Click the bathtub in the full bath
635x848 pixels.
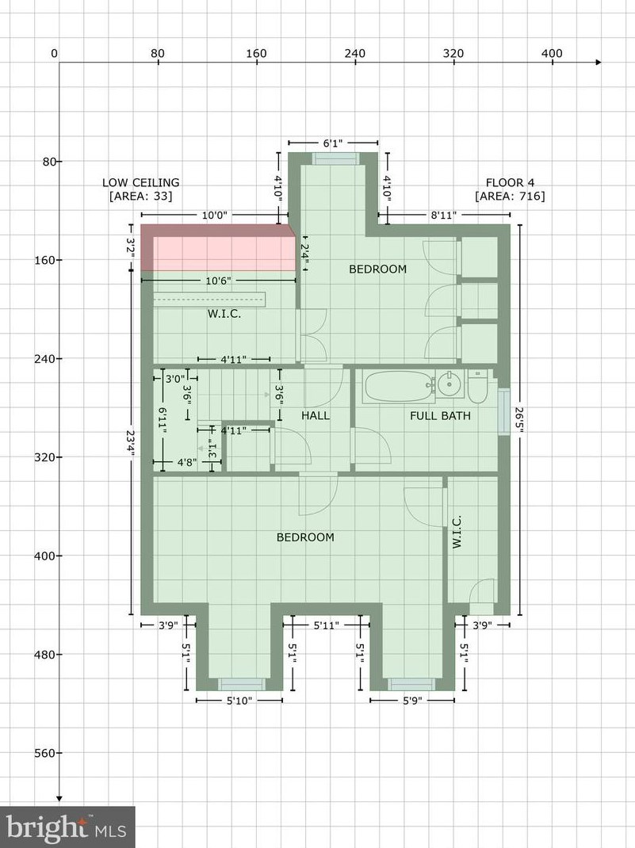click(x=400, y=387)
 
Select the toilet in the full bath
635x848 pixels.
click(x=477, y=386)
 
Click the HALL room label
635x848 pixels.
click(x=316, y=415)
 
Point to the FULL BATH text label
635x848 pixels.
click(x=440, y=416)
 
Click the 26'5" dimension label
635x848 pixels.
click(x=519, y=420)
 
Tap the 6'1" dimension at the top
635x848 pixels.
click(x=333, y=143)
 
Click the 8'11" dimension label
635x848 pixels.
click(x=443, y=216)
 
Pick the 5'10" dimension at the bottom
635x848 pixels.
click(x=239, y=701)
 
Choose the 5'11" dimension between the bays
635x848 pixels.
click(x=326, y=626)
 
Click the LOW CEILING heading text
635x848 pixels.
click(x=140, y=183)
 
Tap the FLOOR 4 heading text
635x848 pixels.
click(x=510, y=183)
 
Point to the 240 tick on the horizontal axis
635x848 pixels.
click(x=355, y=54)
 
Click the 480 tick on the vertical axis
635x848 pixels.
click(x=48, y=655)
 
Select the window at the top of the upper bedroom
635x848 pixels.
click(x=335, y=159)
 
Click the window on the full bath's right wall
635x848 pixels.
click(x=504, y=411)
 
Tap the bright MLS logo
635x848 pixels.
click(x=67, y=827)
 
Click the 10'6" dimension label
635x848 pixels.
click(x=218, y=281)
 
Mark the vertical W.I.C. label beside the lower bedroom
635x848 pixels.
click(x=457, y=532)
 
